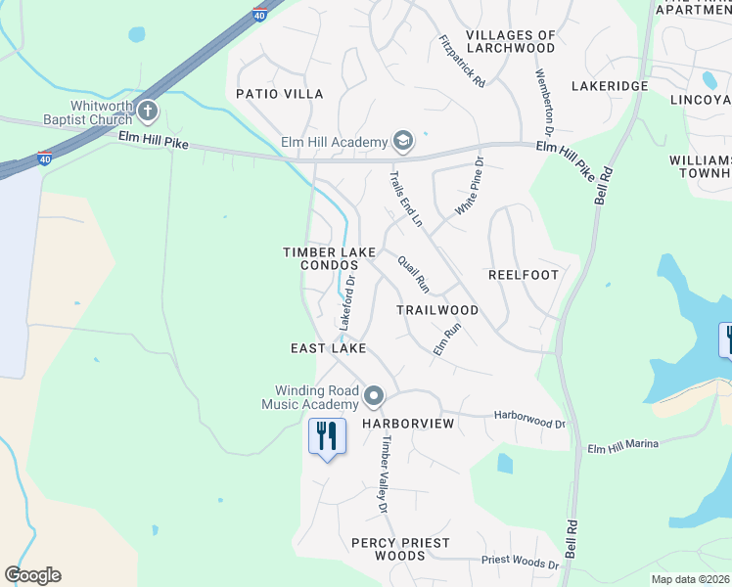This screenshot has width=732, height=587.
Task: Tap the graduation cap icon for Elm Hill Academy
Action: (402, 142)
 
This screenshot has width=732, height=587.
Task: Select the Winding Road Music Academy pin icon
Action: (373, 396)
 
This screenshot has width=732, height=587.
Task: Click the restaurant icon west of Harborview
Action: (326, 435)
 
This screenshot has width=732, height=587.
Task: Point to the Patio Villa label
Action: (279, 94)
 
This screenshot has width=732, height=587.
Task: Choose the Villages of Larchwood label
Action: (510, 41)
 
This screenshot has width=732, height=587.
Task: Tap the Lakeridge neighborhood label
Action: (611, 86)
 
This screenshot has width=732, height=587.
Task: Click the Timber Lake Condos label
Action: (330, 258)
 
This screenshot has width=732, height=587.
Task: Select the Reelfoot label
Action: (524, 275)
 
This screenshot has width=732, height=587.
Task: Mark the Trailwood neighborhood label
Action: (437, 310)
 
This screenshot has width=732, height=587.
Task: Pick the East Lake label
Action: (329, 348)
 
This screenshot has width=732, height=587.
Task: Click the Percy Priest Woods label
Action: (400, 549)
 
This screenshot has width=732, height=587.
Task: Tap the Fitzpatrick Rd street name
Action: (463, 62)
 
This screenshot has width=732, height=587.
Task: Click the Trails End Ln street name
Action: (405, 200)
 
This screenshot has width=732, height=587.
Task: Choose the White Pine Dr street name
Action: (470, 187)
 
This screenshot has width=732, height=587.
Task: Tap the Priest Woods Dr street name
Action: (520, 563)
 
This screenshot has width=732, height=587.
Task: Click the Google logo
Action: (32, 575)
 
